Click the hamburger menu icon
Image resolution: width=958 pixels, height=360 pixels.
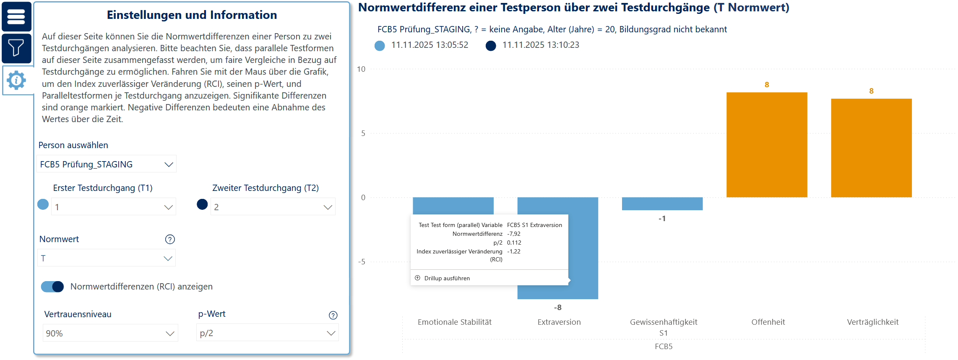(x=16, y=17)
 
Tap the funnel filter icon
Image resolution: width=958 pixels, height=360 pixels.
(x=16, y=48)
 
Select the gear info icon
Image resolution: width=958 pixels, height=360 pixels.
(x=17, y=80)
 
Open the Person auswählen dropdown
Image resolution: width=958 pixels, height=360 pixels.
(x=107, y=164)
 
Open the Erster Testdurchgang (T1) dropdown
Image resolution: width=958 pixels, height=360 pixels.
(x=113, y=207)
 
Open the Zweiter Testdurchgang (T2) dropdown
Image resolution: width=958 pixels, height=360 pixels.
(x=273, y=207)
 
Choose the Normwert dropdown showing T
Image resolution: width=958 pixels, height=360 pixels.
(x=107, y=258)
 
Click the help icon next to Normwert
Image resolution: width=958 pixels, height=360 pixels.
(x=170, y=239)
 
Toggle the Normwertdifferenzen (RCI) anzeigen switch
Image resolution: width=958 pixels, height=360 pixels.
(x=52, y=287)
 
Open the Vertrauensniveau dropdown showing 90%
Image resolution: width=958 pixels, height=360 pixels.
(x=110, y=333)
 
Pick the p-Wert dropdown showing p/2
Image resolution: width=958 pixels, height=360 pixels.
(x=267, y=333)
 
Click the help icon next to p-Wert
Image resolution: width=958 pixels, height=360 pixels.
(x=333, y=316)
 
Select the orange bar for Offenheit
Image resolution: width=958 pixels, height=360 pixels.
(x=767, y=145)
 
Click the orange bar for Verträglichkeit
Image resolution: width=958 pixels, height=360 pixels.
(x=871, y=148)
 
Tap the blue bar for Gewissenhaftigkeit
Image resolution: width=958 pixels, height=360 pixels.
(x=662, y=203)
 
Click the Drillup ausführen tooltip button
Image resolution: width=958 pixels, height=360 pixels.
(x=447, y=278)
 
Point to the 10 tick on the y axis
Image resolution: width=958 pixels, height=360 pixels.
(x=361, y=69)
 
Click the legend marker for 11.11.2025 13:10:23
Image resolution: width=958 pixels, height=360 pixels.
(x=491, y=46)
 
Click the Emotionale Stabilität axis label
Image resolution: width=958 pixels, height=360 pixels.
(x=455, y=322)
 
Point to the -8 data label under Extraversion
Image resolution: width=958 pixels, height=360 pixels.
(x=557, y=308)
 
